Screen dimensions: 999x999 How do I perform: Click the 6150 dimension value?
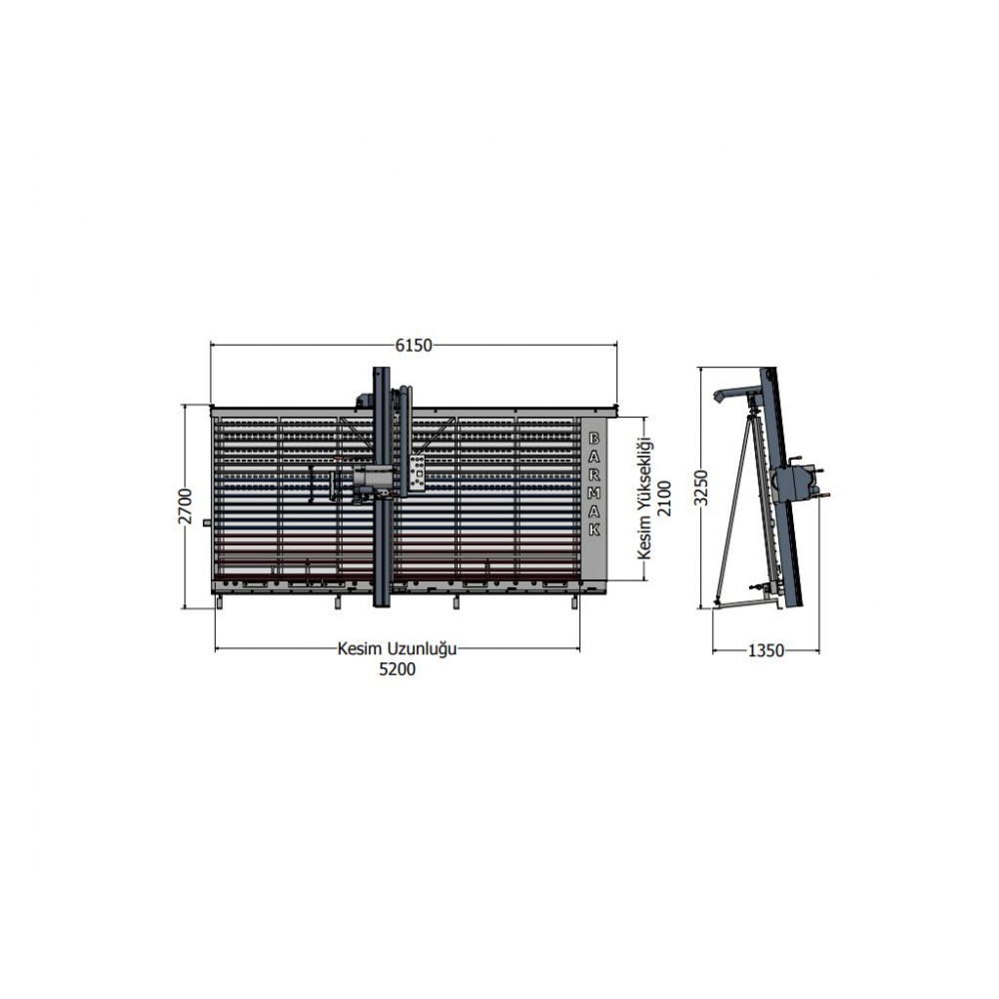click(x=414, y=346)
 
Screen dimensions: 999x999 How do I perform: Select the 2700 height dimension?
click(x=185, y=505)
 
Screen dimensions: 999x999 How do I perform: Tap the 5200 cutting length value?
click(x=397, y=669)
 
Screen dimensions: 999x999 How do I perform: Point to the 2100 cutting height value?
click(x=664, y=499)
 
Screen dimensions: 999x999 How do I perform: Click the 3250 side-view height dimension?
click(x=701, y=488)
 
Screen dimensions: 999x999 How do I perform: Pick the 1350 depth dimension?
click(x=766, y=650)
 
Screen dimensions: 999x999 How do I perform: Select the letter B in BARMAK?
click(x=593, y=439)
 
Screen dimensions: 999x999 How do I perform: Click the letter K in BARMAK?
click(x=593, y=529)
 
